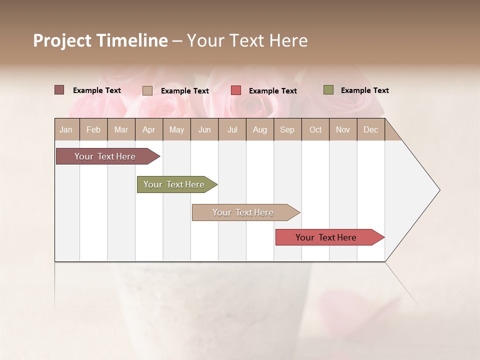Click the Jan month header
66,129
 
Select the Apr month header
148,129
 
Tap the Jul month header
232,129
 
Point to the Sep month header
287,129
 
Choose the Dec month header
370,129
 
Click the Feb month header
93,129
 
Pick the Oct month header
315,129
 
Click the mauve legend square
59,90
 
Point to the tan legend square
147,90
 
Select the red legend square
236,90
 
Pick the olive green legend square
328,90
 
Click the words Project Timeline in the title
100,40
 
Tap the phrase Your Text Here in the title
247,40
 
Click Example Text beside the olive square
364,90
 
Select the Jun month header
204,129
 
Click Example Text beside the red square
272,91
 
